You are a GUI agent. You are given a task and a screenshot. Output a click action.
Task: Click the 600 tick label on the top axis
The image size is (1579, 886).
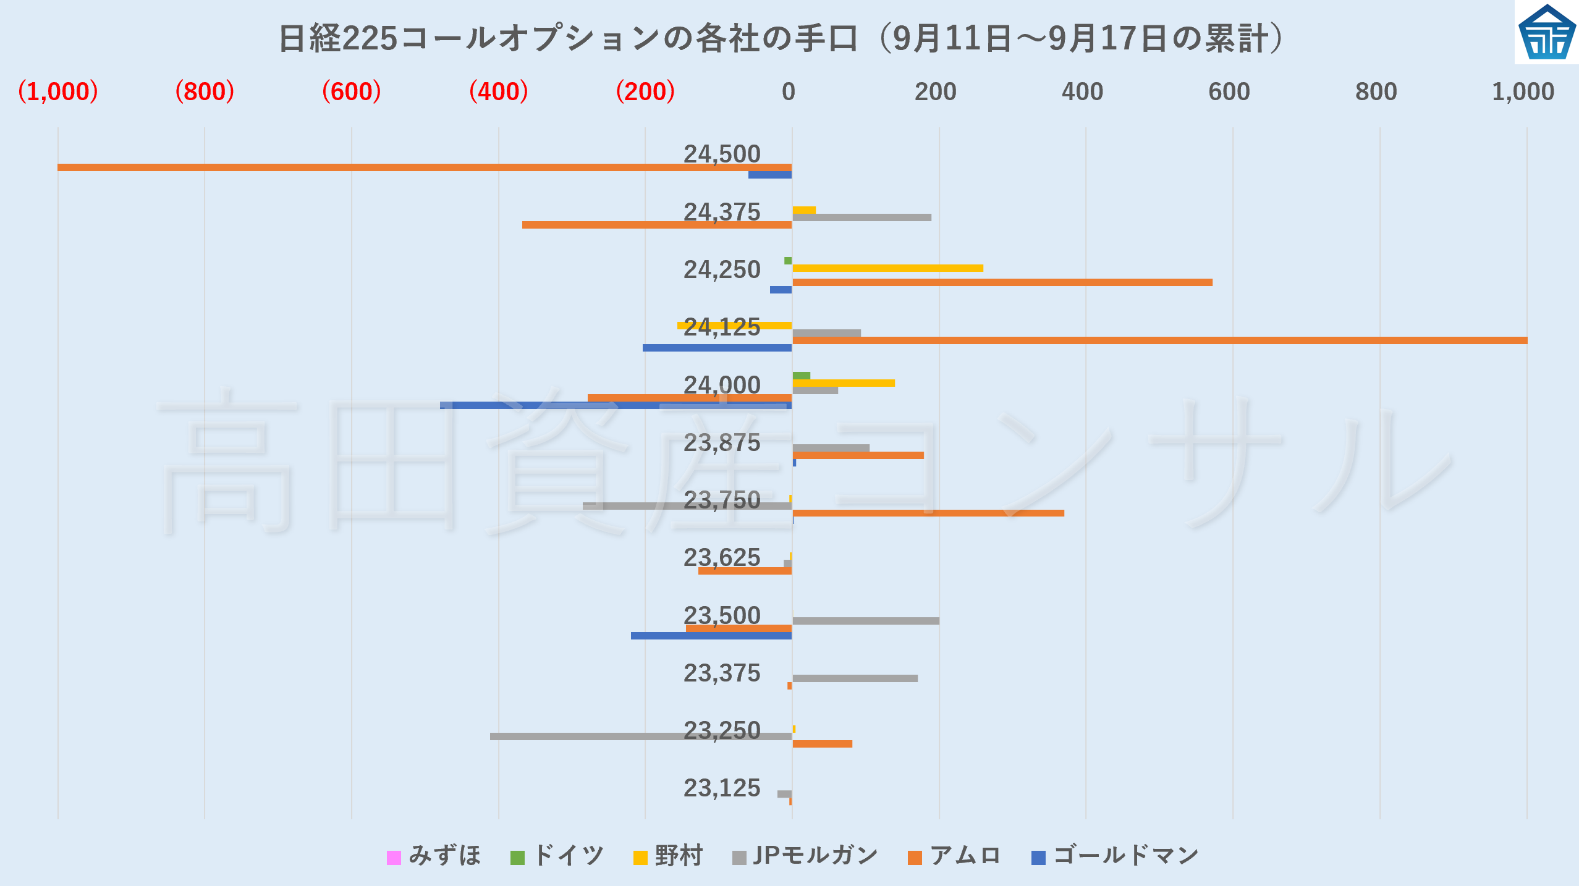tap(1229, 92)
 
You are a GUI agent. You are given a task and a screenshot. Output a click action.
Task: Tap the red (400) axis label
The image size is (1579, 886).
tap(498, 92)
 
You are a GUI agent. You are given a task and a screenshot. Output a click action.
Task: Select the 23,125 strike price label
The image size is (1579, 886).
tap(722, 788)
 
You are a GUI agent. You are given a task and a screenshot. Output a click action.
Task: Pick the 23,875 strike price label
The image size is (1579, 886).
tap(722, 443)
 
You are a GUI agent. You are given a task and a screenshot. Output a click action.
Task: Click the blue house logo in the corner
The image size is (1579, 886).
tap(1547, 32)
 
